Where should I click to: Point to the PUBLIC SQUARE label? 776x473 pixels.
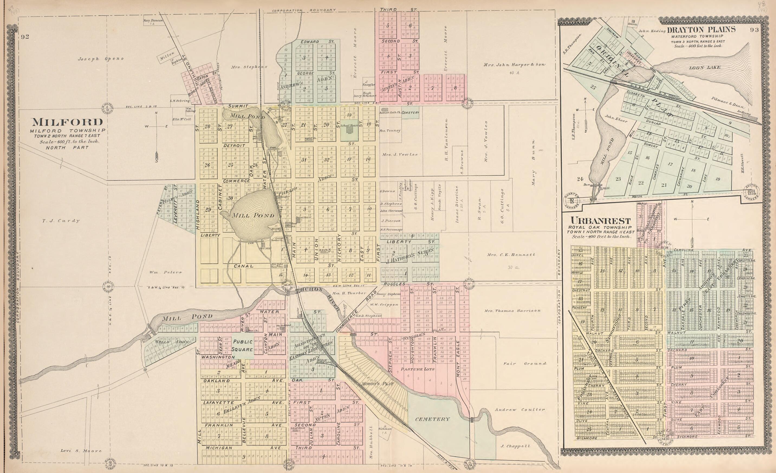point(243,345)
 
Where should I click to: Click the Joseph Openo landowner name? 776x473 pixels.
point(101,59)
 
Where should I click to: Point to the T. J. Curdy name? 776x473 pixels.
point(61,221)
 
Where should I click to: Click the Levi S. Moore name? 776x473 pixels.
point(81,450)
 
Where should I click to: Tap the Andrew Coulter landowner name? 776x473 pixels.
point(520,410)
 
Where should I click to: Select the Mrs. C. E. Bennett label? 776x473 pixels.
point(511,254)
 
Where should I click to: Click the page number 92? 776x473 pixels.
point(25,37)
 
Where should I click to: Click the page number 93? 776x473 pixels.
point(755,30)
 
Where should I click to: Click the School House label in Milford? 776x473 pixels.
point(349,126)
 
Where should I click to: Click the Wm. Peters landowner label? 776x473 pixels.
point(165,272)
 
